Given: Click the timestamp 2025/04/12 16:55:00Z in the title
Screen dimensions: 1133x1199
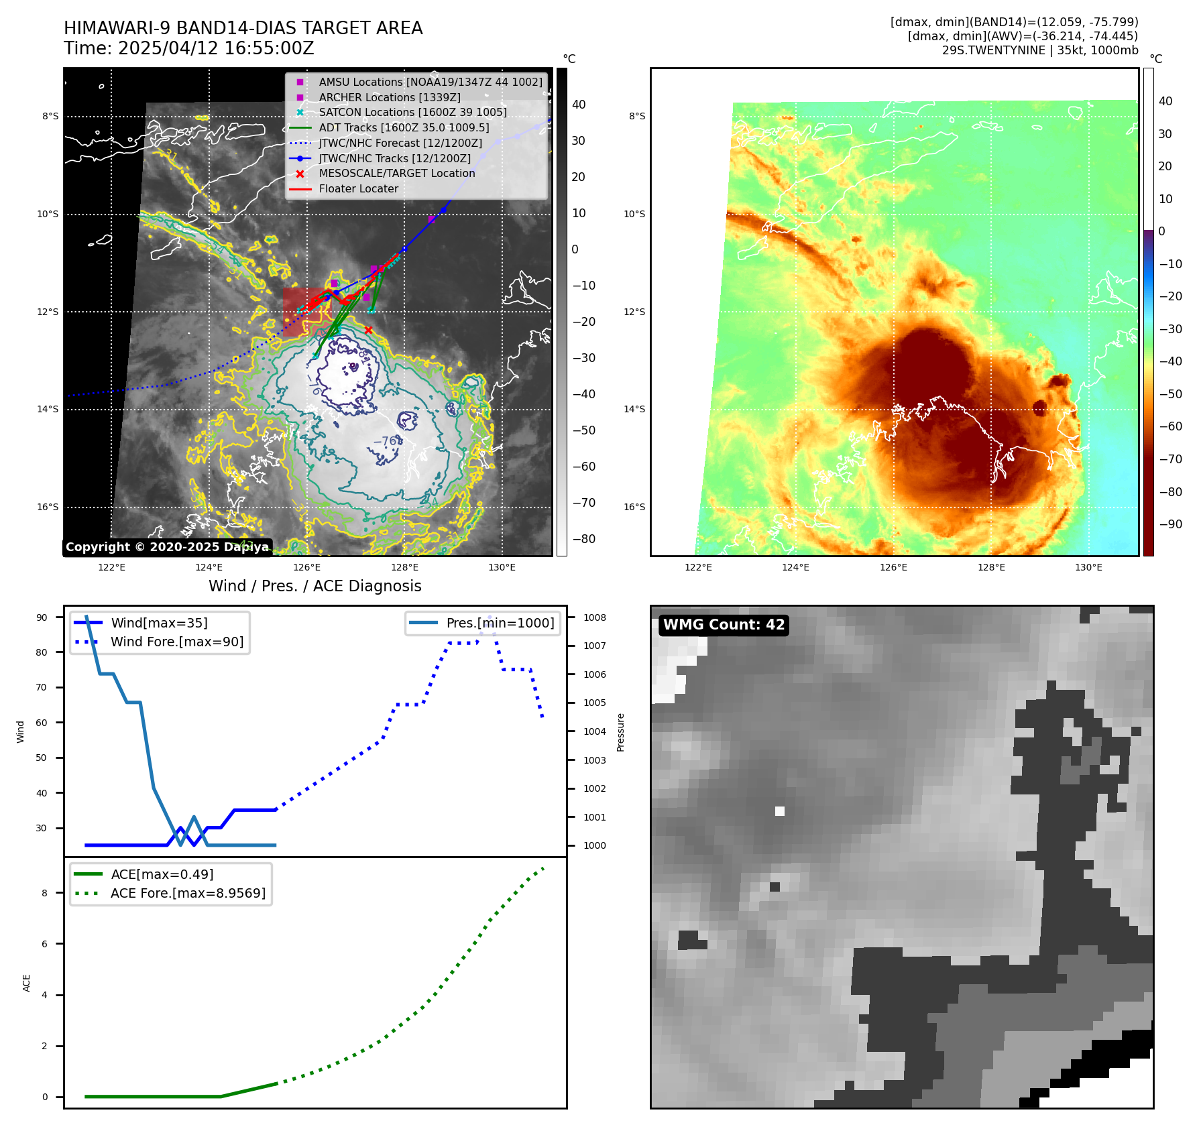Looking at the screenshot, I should coord(215,49).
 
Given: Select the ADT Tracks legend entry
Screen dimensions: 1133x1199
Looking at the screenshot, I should coord(404,127).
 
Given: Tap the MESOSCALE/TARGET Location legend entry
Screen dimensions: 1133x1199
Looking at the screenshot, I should coord(397,173).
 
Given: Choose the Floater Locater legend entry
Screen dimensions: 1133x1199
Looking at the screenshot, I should coord(358,188).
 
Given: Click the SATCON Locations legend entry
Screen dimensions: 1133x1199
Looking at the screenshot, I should coord(412,112).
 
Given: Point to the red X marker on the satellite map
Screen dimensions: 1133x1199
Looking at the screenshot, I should coord(368,330).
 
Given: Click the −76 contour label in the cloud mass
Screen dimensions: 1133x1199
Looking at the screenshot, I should coord(385,442).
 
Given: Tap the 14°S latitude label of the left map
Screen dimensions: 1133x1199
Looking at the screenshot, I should coord(48,410).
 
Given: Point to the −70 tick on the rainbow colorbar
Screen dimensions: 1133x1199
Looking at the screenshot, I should coord(1170,459).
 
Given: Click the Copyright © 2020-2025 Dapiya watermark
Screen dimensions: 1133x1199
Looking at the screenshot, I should coord(167,547).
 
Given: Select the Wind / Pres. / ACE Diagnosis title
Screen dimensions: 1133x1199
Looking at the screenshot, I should coord(315,586).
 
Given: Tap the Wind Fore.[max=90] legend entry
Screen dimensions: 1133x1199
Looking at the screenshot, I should coord(177,642).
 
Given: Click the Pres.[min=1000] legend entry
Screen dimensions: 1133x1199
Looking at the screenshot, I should coord(500,623).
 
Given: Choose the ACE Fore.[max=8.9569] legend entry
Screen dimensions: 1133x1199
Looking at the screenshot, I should coord(188,893).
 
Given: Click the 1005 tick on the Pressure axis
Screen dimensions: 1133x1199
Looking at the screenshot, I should coord(594,703).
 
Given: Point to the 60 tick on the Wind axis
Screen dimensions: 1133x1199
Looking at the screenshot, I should coord(42,723).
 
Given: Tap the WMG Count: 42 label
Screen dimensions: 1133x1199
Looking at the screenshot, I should coord(724,625).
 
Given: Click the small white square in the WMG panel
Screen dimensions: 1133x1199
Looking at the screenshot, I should coord(780,811).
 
